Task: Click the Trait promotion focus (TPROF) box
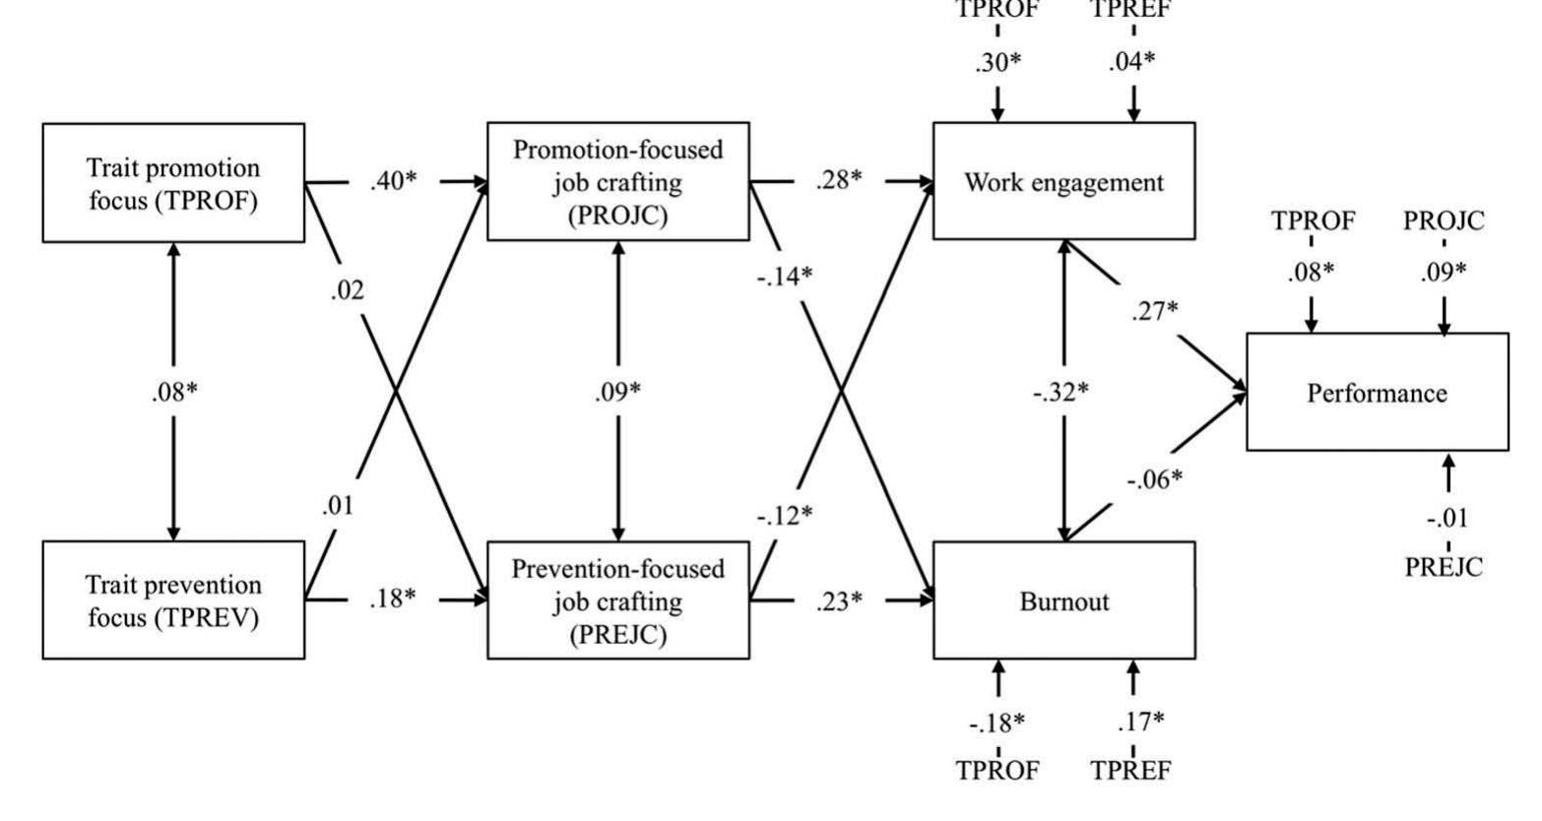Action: [173, 182]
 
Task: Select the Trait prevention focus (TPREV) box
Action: [173, 600]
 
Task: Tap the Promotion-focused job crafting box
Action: [617, 182]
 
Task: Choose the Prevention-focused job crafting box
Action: [617, 600]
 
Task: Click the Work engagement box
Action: [1063, 181]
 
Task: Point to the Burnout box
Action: [1063, 600]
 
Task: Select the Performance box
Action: [1377, 393]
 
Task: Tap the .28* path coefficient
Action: [838, 181]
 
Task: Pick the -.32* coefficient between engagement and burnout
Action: [1061, 392]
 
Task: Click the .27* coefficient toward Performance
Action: [1154, 311]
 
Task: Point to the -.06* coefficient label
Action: [1154, 478]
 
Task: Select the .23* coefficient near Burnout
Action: [838, 600]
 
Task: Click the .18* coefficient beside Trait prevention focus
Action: [393, 599]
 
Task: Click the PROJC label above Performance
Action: [1444, 221]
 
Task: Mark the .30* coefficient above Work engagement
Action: [997, 62]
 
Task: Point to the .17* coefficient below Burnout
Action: [1140, 722]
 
